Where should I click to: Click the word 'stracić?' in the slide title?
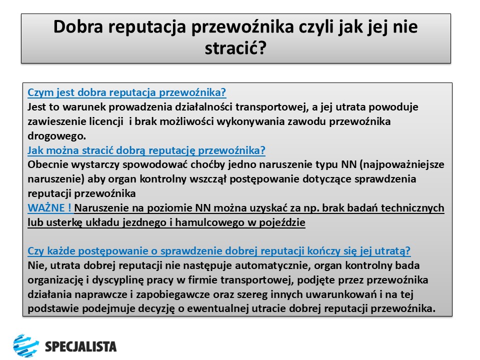pos(235,48)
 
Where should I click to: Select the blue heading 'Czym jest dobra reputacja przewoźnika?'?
pos(127,92)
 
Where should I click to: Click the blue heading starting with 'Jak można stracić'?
pos(146,150)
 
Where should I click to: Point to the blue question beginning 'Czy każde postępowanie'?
pos(219,251)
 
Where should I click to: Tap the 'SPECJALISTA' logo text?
pos(80,346)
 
